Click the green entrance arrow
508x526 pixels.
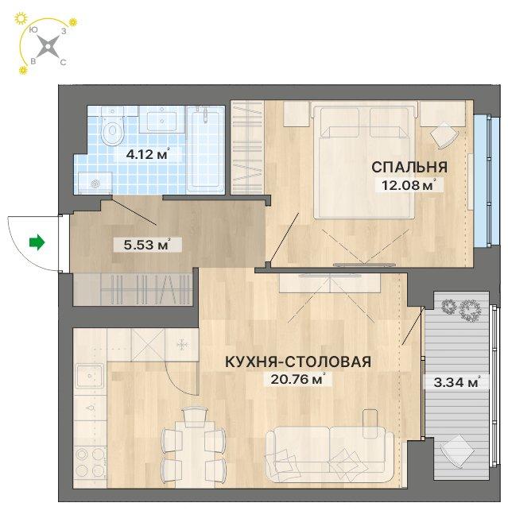click(37, 242)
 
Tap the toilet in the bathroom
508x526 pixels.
click(113, 127)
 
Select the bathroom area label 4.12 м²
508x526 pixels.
click(147, 155)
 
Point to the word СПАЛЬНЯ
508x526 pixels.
click(409, 167)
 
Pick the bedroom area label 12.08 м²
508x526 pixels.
click(409, 185)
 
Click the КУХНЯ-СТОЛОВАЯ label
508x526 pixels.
click(298, 362)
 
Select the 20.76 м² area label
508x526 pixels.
click(297, 380)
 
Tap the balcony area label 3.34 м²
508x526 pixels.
click(456, 382)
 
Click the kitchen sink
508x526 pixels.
click(89, 376)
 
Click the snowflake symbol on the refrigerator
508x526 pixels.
click(181, 345)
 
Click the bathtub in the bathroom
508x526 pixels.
click(205, 149)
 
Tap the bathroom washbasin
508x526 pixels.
click(162, 119)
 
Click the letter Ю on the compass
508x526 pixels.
click(33, 30)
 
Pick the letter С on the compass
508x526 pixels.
click(63, 63)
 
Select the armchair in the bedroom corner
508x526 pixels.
click(444, 135)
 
